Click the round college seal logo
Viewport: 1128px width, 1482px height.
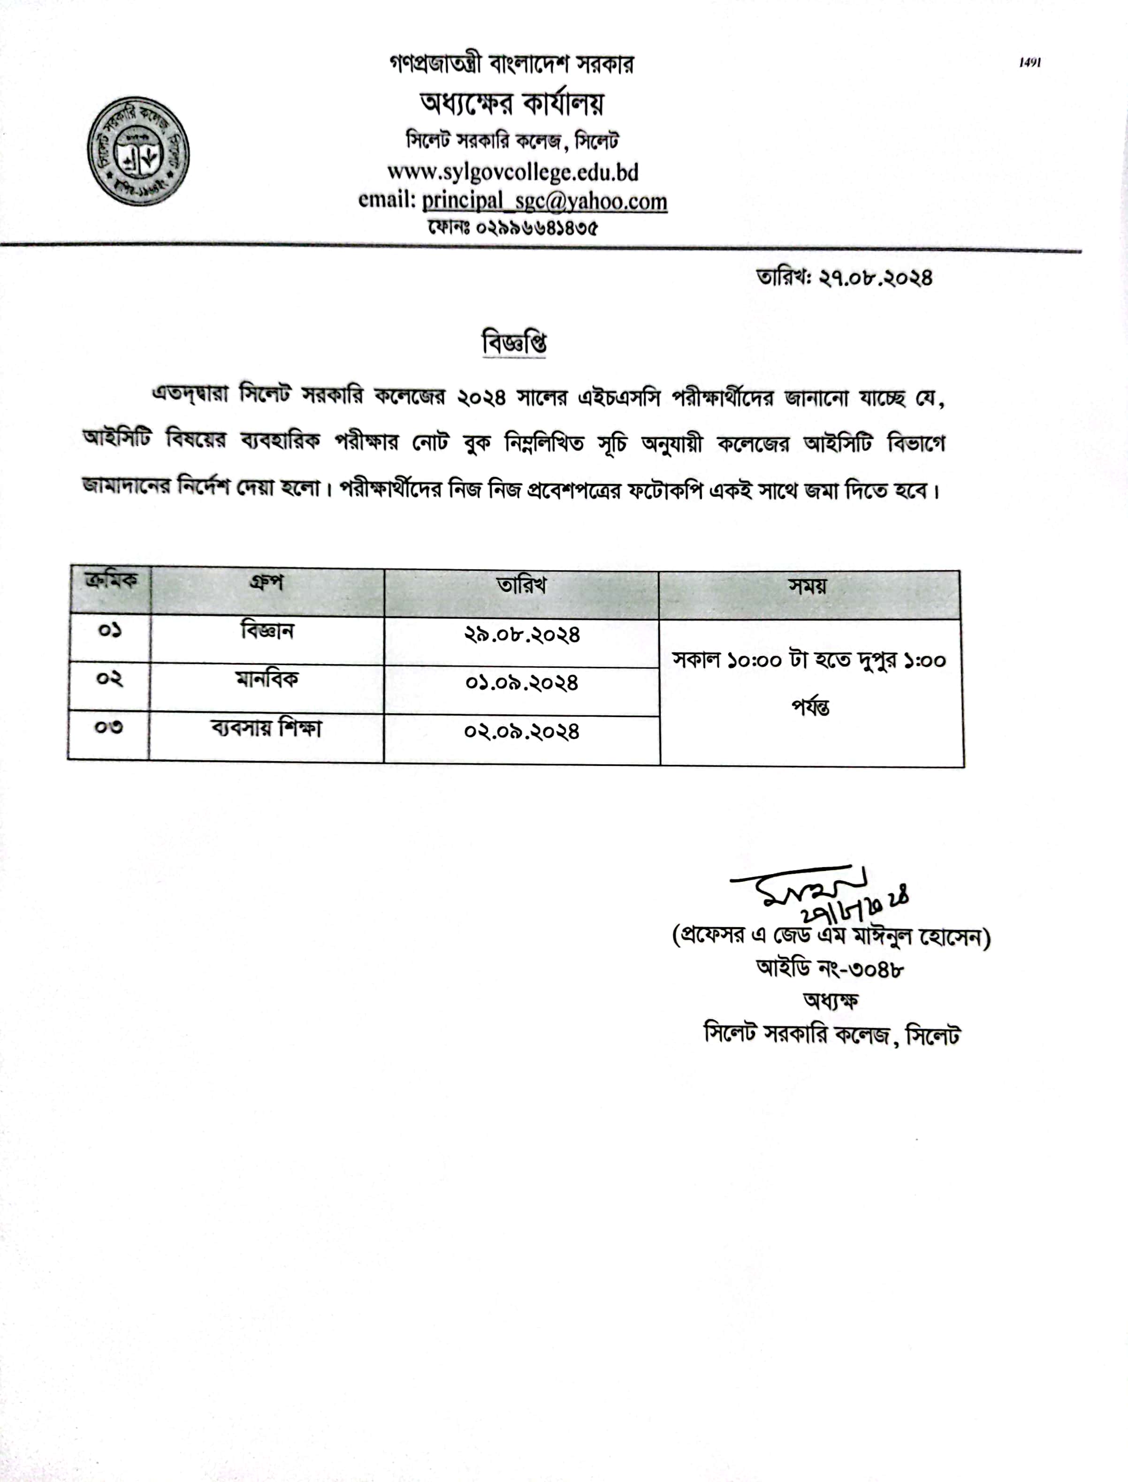138,151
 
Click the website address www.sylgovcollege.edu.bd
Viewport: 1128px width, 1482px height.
512,173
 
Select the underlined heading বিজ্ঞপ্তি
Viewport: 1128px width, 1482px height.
514,343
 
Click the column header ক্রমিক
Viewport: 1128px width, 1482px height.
111,580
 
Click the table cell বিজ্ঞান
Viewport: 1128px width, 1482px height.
267,631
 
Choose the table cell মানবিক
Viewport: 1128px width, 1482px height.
267,679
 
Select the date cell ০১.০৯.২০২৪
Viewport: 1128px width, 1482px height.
522,683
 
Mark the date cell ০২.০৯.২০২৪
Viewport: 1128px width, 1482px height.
522,732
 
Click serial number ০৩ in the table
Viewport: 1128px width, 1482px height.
109,727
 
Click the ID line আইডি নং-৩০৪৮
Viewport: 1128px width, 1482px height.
830,969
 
